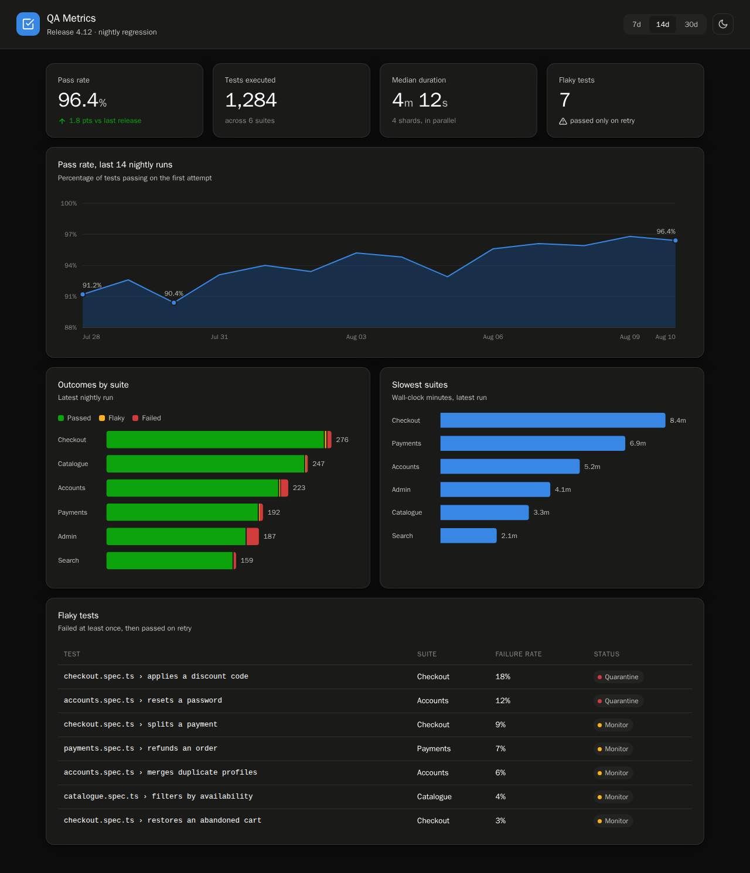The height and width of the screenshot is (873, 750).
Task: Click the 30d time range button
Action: point(691,25)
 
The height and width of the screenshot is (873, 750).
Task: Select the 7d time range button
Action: point(636,25)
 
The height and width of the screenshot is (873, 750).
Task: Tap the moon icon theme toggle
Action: point(722,24)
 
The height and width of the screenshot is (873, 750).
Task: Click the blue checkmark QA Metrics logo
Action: point(28,24)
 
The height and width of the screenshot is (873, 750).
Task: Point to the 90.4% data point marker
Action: point(174,303)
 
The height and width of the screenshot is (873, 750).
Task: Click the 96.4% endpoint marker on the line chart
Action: point(675,241)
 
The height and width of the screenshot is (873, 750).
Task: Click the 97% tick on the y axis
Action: point(70,234)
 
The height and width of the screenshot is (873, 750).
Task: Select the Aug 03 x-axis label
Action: point(356,337)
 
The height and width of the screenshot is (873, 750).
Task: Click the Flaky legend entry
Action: point(111,418)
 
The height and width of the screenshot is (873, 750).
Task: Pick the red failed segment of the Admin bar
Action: point(253,536)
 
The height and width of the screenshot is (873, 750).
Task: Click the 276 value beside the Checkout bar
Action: point(342,440)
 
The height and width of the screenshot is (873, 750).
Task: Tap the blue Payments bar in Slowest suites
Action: point(532,443)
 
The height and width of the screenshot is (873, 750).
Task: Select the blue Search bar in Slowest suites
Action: point(468,536)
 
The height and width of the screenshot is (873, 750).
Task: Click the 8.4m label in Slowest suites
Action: point(678,420)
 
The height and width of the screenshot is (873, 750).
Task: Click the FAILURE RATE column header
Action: point(519,654)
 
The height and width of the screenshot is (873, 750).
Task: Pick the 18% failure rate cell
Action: point(503,677)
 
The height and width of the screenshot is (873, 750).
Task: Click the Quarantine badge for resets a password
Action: point(619,701)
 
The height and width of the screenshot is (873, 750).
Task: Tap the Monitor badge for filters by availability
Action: point(613,797)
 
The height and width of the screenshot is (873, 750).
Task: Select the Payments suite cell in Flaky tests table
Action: point(434,749)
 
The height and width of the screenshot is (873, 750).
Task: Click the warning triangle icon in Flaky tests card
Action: point(562,121)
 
